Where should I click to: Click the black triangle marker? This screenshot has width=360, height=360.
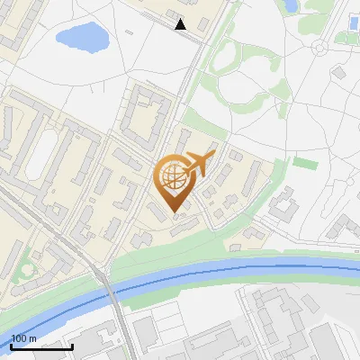[181, 24]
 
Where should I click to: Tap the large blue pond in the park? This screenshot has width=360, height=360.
[80, 38]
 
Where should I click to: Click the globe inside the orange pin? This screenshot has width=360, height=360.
[174, 179]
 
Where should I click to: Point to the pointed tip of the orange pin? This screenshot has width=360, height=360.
[175, 213]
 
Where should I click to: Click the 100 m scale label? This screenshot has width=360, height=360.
[24, 338]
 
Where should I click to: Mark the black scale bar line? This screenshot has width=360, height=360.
[41, 346]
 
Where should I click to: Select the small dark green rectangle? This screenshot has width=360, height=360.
[306, 163]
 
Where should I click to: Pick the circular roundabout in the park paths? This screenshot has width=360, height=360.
[321, 46]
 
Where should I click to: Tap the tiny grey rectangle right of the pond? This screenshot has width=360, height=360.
[130, 33]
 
